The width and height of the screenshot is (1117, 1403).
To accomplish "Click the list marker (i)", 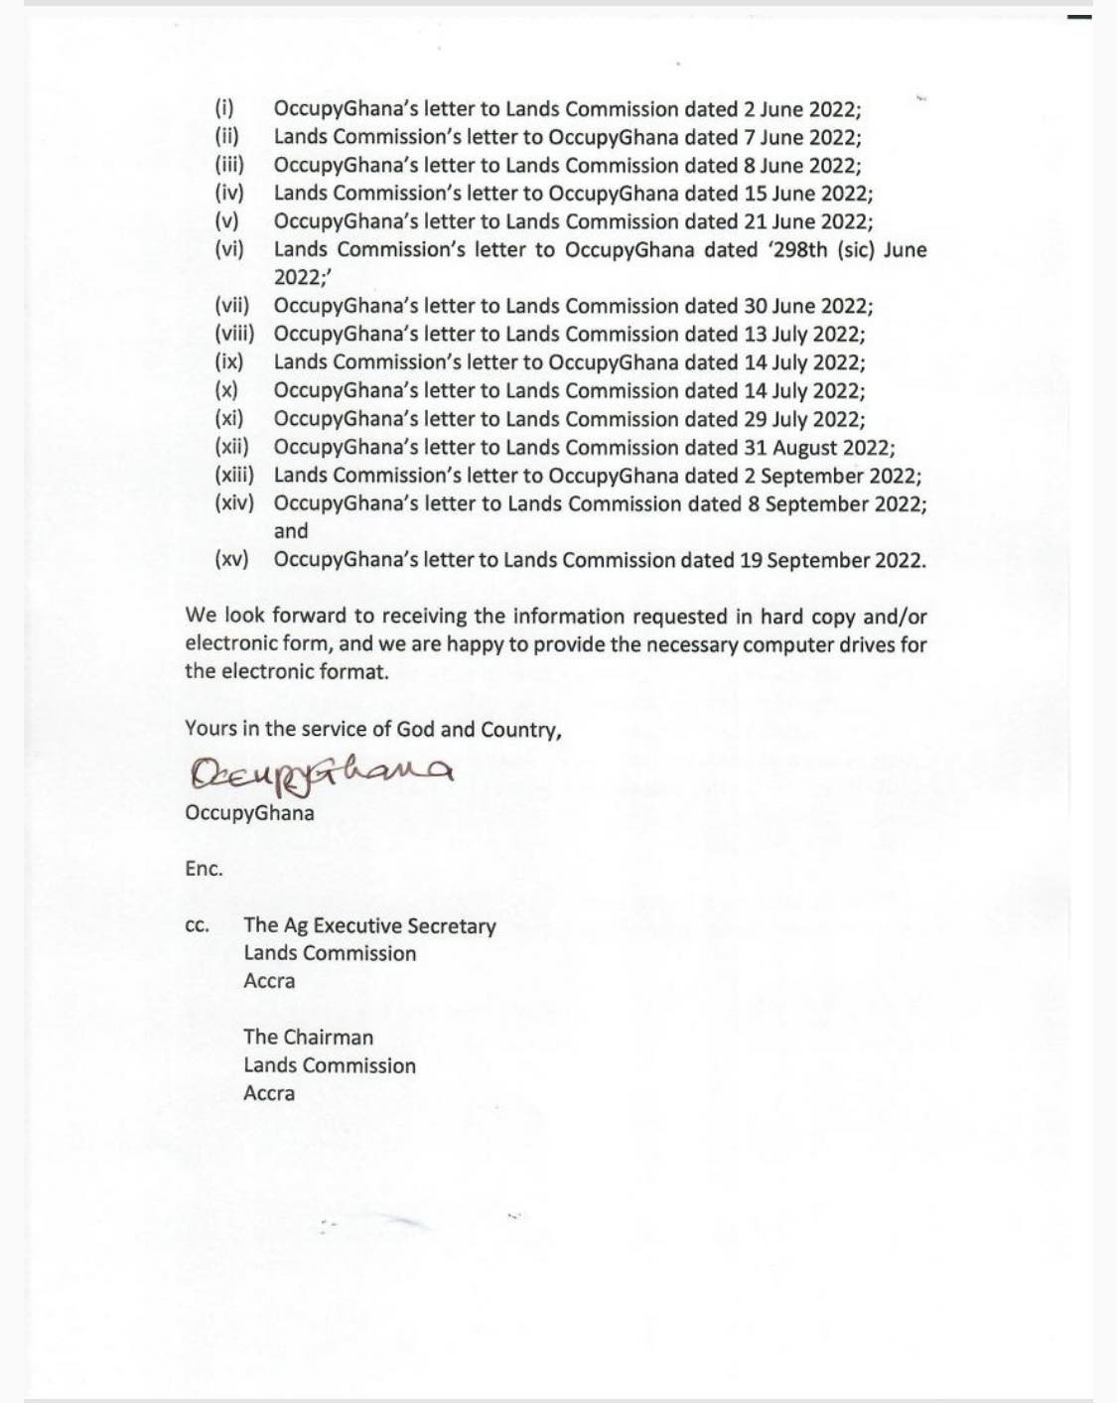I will (x=224, y=109).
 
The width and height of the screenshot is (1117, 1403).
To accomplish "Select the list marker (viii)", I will (x=234, y=335).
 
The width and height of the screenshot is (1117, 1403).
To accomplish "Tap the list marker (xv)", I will (x=231, y=560).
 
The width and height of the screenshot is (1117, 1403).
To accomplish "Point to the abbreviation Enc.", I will (x=204, y=869).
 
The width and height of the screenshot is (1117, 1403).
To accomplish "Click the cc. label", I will (x=197, y=926).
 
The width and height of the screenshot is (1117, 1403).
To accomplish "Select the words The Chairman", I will (x=308, y=1038).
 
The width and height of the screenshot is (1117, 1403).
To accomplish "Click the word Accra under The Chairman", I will (x=269, y=1093).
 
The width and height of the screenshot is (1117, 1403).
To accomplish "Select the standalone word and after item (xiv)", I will (x=291, y=532).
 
